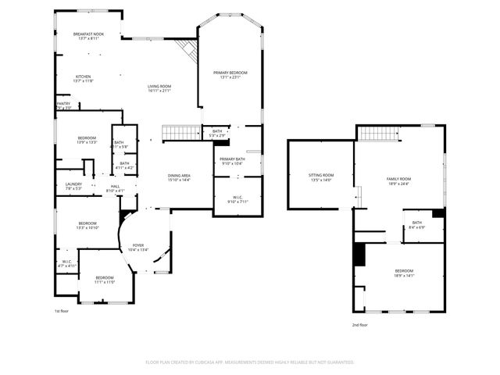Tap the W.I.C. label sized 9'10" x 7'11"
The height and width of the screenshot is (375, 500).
(238, 198)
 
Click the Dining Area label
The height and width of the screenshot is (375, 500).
(179, 177)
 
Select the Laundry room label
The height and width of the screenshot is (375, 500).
(73, 186)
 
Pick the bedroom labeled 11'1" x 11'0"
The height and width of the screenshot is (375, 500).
(105, 280)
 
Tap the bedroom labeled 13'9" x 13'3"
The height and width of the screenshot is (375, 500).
(86, 140)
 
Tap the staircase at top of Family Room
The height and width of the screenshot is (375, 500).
(380, 133)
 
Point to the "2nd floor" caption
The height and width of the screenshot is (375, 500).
(359, 325)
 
